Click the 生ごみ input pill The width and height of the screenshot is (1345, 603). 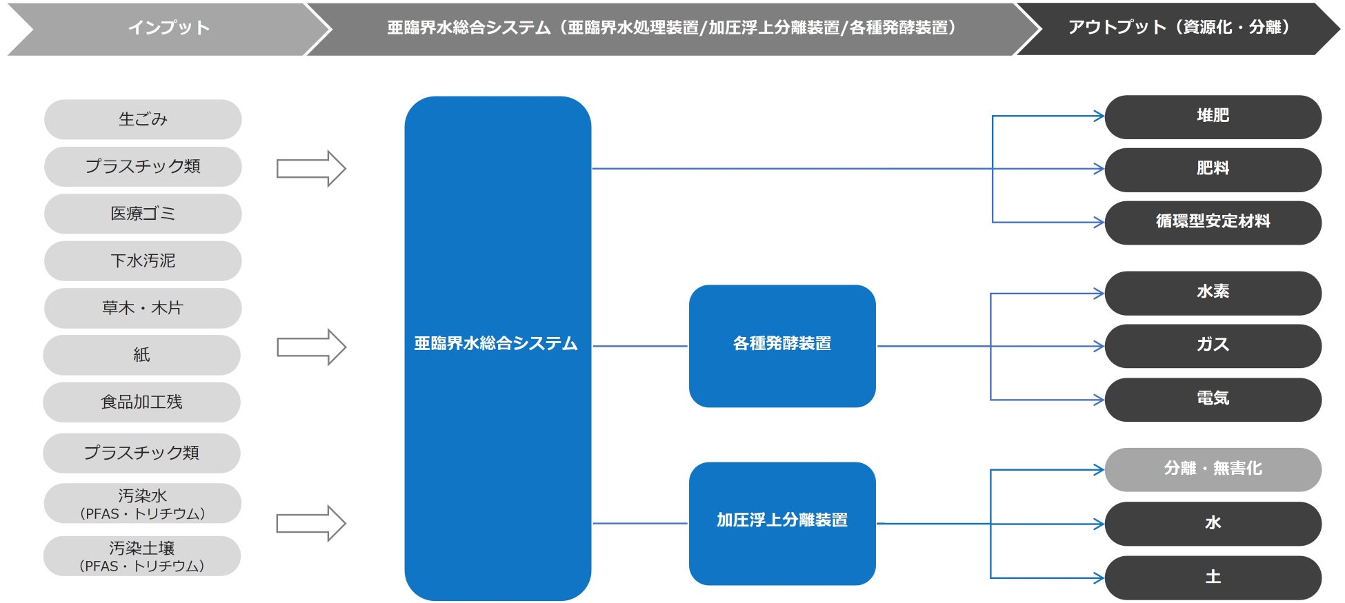click(x=143, y=119)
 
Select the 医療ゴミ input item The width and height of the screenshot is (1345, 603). click(x=143, y=214)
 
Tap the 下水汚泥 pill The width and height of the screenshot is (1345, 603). click(x=143, y=260)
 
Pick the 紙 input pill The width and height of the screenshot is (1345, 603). click(x=141, y=355)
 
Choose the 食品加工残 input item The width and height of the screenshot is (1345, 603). click(x=141, y=402)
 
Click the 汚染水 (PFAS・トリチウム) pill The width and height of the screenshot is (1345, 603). click(x=142, y=504)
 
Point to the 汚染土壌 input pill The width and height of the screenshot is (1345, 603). click(x=141, y=556)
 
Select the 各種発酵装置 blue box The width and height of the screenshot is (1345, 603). click(x=782, y=346)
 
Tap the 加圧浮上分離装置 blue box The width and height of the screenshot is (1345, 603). click(x=782, y=523)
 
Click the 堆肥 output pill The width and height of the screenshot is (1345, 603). click(x=1213, y=116)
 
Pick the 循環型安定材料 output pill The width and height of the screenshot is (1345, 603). click(x=1213, y=222)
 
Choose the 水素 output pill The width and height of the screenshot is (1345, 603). click(x=1213, y=293)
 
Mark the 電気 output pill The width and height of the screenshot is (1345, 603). click(x=1213, y=400)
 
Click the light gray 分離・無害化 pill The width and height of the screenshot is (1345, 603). click(x=1213, y=469)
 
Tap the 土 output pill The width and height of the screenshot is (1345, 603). click(x=1213, y=578)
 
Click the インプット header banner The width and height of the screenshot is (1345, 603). click(x=168, y=28)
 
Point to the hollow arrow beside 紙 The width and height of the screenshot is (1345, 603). click(x=311, y=347)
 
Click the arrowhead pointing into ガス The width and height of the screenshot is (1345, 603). click(x=1099, y=346)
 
